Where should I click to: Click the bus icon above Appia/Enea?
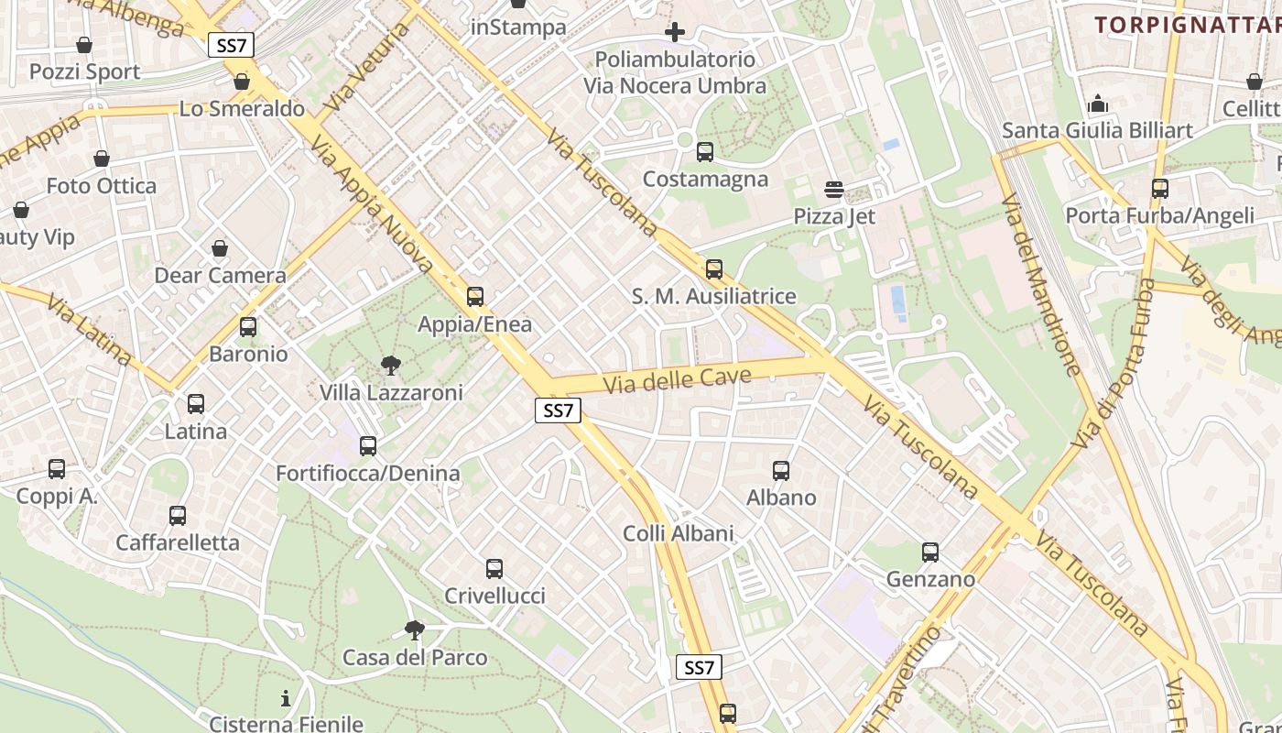474,297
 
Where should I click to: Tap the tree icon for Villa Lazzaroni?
391,366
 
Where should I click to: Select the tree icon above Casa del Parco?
414,630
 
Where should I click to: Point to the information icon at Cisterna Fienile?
286,699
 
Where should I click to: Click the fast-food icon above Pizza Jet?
834,190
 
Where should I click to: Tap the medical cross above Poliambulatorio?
675,33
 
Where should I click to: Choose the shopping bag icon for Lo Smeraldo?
242,82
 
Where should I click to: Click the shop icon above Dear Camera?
220,248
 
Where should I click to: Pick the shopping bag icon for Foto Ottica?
102,159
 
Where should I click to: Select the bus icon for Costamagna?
705,152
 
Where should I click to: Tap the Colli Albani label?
679,533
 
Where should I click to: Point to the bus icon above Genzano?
930,552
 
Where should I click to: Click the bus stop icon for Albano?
781,471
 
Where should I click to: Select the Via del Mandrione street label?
1041,284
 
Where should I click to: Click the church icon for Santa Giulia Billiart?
1097,104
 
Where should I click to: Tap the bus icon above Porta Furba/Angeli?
1160,189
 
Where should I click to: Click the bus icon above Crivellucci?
494,569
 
